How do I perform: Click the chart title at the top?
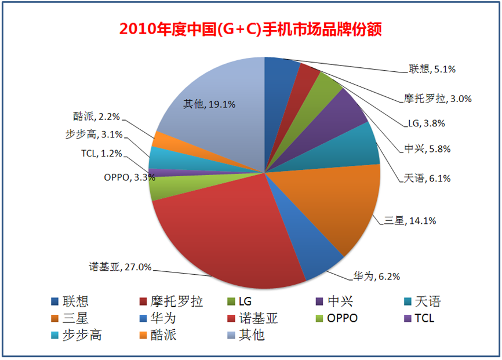[x=250, y=29]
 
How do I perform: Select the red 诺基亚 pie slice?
[x=220, y=232]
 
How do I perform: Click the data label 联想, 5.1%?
[x=430, y=70]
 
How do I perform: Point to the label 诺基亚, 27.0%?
[x=120, y=267]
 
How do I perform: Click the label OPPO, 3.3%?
[x=128, y=177]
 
